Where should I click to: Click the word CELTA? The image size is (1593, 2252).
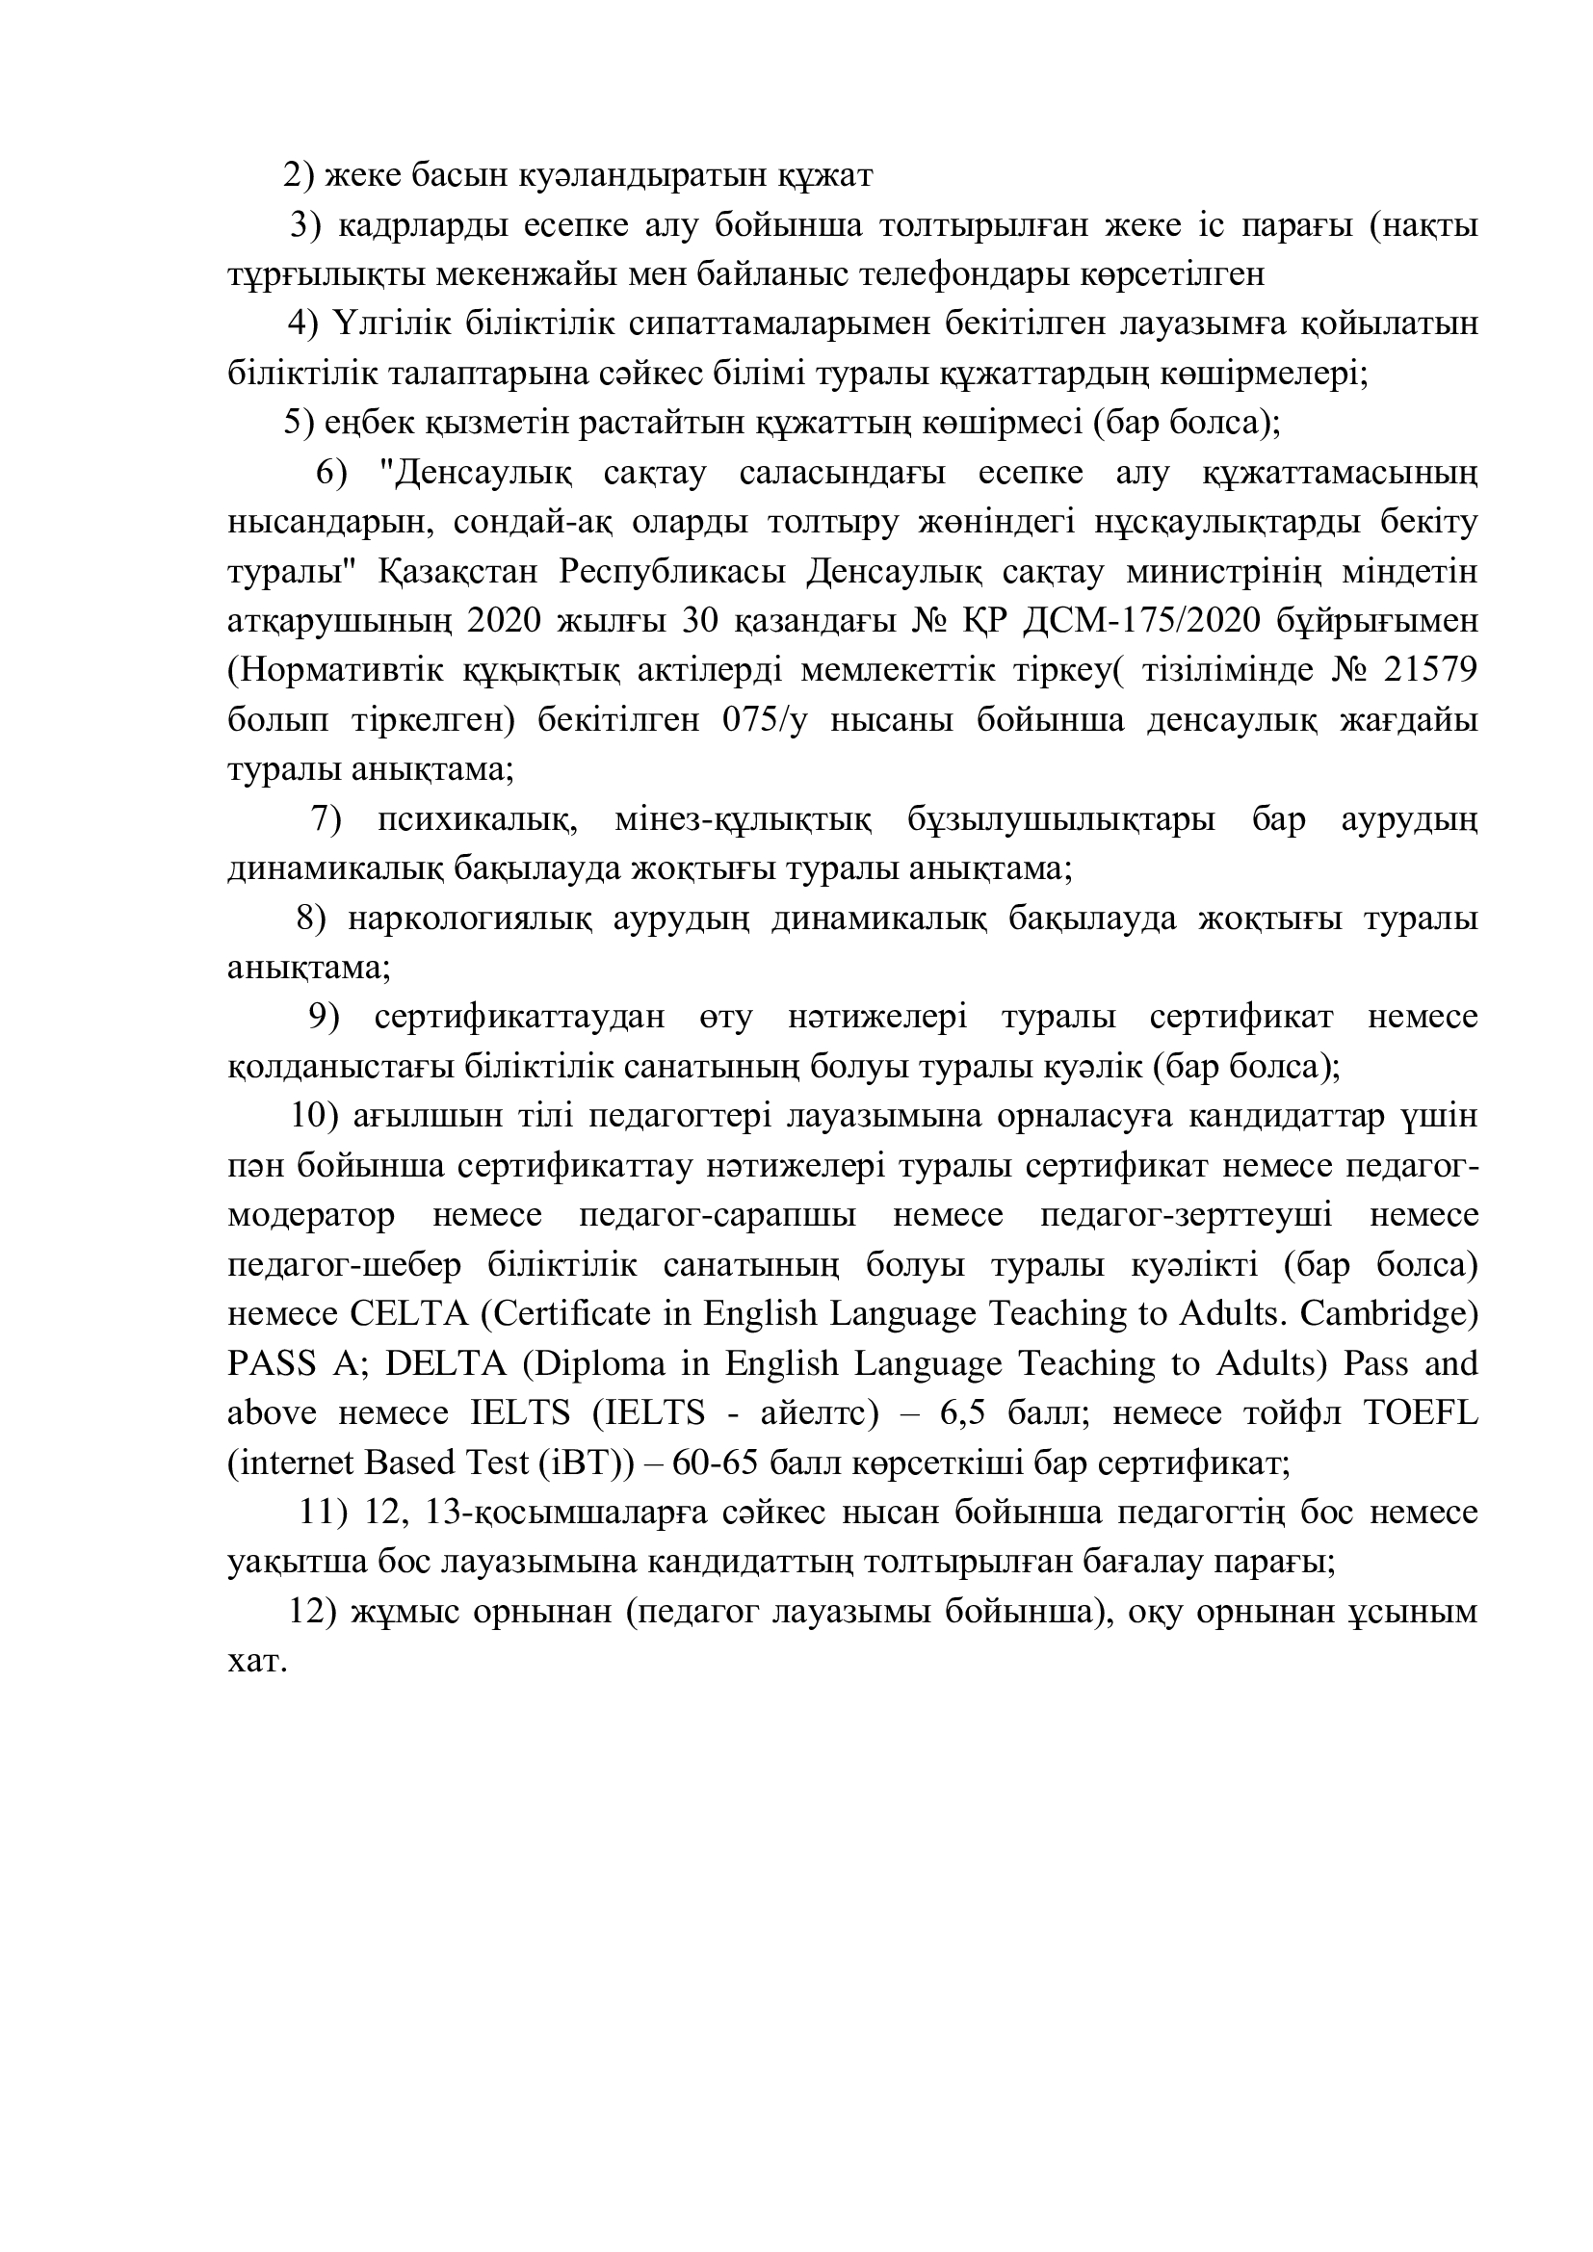tap(406, 1313)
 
